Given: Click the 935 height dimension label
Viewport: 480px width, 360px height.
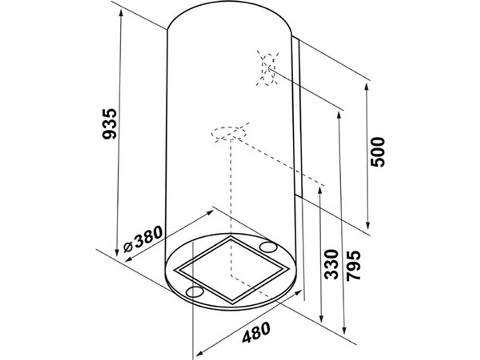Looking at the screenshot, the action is [109, 124].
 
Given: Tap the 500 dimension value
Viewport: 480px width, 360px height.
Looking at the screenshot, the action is [377, 152].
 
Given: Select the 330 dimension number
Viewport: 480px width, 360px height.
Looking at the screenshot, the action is [331, 264].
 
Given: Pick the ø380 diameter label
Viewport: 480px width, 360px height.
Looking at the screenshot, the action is [143, 239].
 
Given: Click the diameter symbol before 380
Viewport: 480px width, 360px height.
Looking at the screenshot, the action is [128, 246].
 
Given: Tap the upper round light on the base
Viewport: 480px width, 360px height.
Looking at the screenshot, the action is [268, 246].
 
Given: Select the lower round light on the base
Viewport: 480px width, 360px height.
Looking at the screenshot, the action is [195, 291].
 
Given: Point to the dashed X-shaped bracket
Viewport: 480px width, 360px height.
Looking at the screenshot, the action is [268, 69].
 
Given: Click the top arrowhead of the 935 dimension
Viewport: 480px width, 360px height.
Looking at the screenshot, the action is [121, 13].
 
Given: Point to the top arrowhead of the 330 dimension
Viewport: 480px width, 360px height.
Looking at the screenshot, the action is [320, 191].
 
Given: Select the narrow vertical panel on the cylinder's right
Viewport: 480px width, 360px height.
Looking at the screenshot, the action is [297, 116].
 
